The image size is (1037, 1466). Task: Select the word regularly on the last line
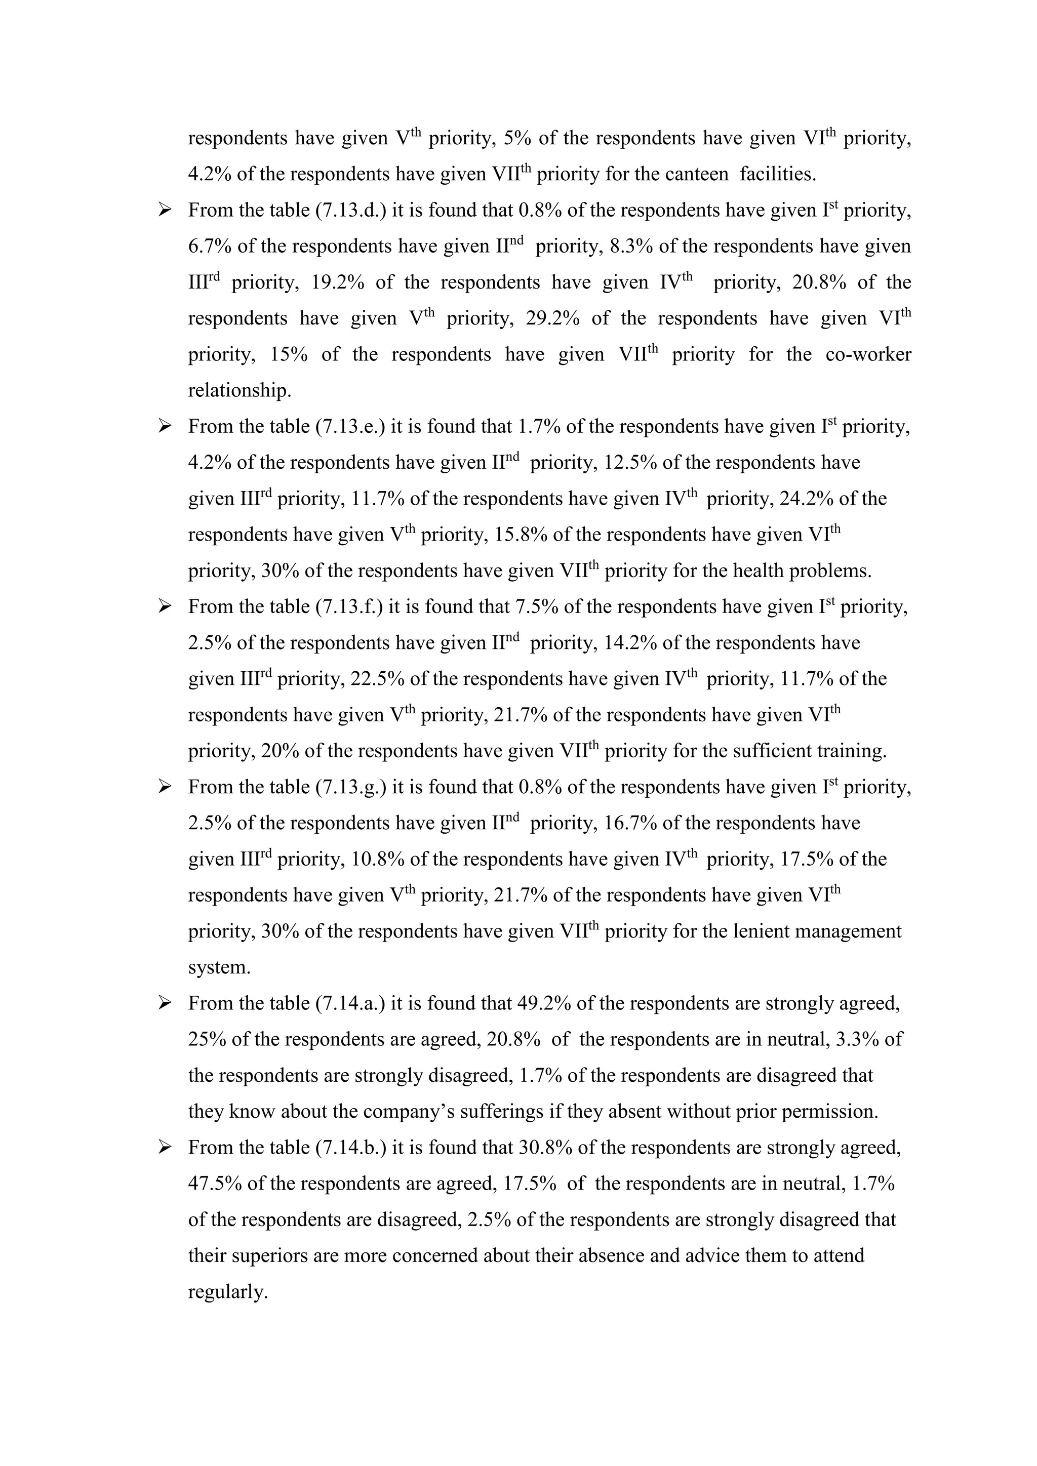click(227, 1292)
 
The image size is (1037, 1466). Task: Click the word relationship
click(240, 391)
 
